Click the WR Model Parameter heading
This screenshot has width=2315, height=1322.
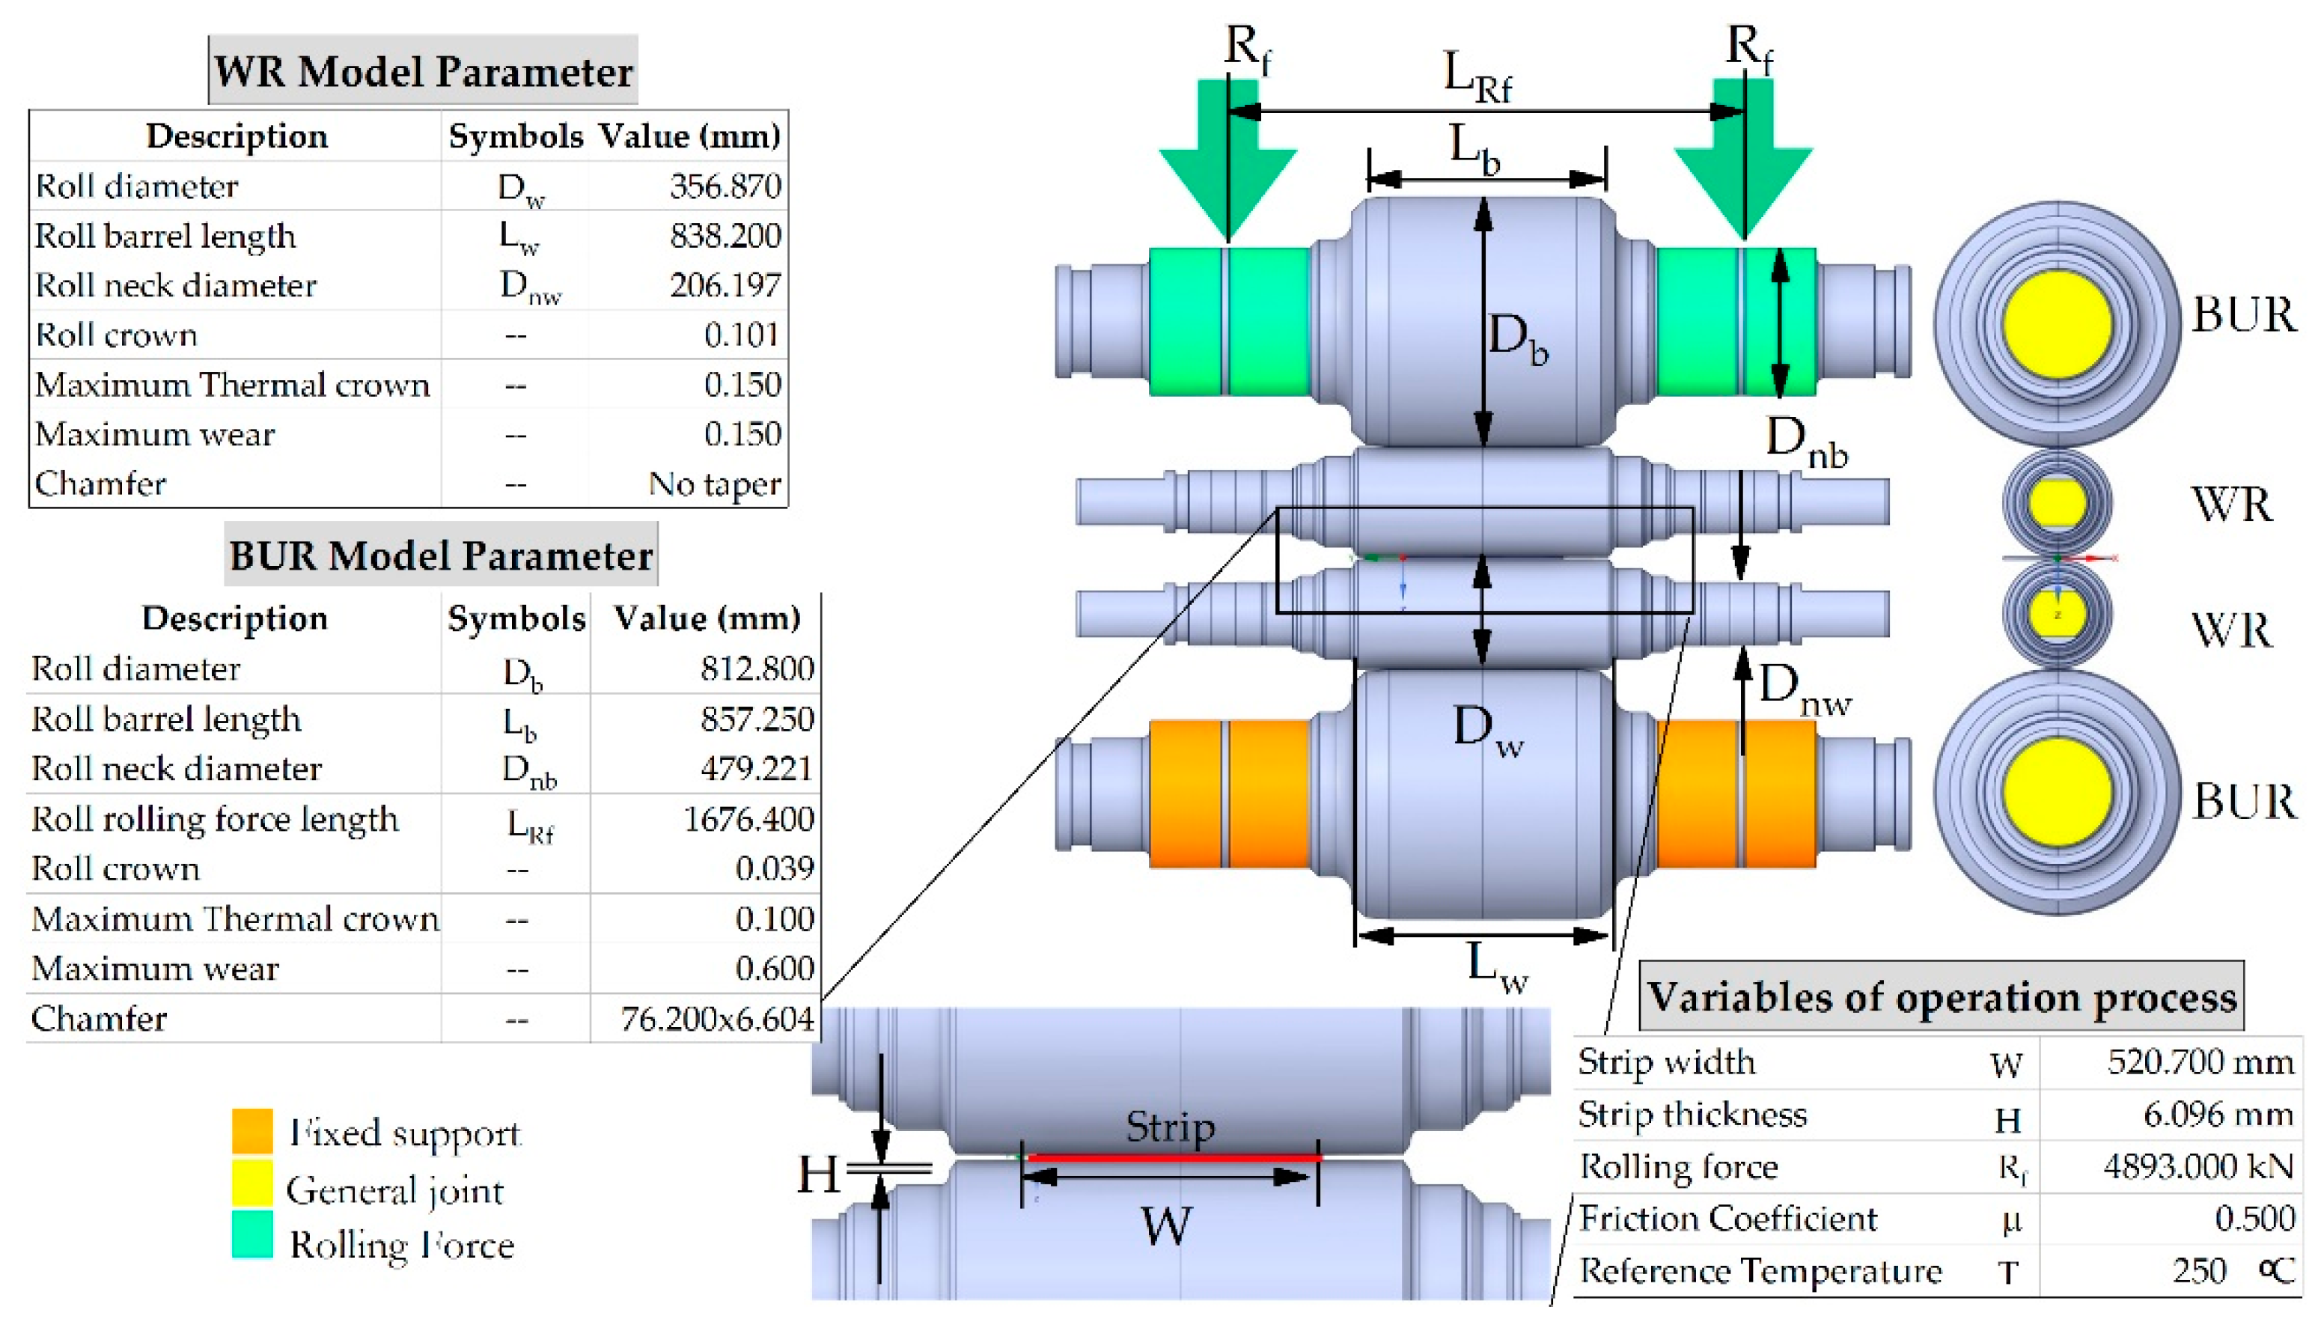point(422,71)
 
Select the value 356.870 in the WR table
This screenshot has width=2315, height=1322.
point(725,186)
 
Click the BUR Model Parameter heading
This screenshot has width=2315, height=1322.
point(440,555)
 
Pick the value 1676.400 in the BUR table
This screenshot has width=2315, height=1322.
point(748,819)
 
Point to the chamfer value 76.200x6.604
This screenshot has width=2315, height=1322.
point(716,1019)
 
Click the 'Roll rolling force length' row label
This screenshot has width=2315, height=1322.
point(214,819)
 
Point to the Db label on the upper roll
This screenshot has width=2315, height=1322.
point(1516,338)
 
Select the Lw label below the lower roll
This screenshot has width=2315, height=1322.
point(1496,968)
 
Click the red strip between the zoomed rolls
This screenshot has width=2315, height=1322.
point(1171,1157)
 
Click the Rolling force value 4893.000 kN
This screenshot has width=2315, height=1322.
point(2197,1166)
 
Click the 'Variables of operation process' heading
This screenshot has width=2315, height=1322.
point(1941,996)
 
